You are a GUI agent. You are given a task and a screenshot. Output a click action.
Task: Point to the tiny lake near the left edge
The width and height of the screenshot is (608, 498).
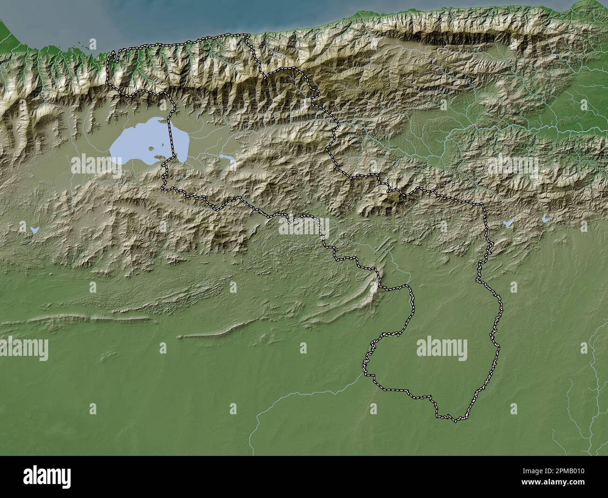point(33,230)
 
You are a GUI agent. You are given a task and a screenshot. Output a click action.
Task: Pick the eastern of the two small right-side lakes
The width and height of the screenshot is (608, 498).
point(545,218)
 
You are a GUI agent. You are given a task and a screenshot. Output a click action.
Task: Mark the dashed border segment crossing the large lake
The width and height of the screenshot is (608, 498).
point(169,140)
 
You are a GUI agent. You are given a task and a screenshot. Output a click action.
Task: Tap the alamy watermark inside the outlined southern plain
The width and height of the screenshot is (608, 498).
point(442,349)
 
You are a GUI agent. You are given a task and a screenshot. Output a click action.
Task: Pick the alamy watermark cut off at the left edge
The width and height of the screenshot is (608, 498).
point(23,349)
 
